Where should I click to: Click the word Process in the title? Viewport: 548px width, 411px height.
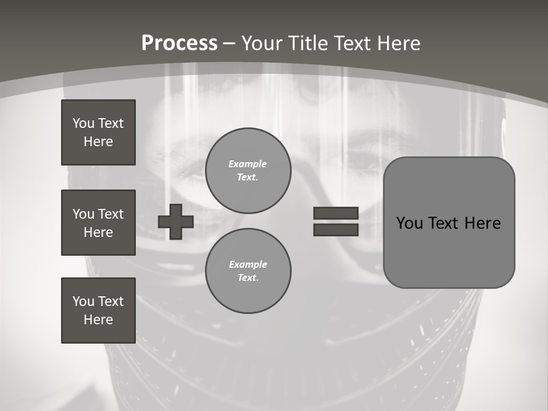click(179, 43)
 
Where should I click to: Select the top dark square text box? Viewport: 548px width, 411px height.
click(98, 132)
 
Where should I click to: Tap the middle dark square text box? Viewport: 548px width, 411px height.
click(98, 223)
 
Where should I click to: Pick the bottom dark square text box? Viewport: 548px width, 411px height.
click(98, 311)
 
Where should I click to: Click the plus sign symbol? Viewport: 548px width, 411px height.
click(175, 221)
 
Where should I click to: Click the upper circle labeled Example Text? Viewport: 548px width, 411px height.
click(248, 171)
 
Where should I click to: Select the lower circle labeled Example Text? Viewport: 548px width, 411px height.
click(248, 271)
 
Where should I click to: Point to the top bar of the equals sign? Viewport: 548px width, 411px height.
click(336, 213)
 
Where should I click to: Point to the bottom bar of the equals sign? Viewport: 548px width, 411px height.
click(336, 230)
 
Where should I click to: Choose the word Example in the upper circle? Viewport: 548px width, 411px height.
click(248, 164)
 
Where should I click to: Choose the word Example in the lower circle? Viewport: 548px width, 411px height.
click(248, 264)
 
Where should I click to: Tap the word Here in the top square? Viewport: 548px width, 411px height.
click(98, 142)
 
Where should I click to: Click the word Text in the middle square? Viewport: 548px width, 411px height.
click(110, 214)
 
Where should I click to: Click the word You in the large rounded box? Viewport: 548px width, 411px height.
click(409, 223)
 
